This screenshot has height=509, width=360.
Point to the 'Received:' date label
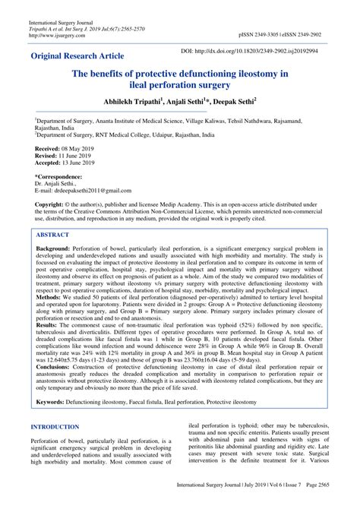click(51, 148)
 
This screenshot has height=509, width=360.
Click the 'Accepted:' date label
click(52, 162)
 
